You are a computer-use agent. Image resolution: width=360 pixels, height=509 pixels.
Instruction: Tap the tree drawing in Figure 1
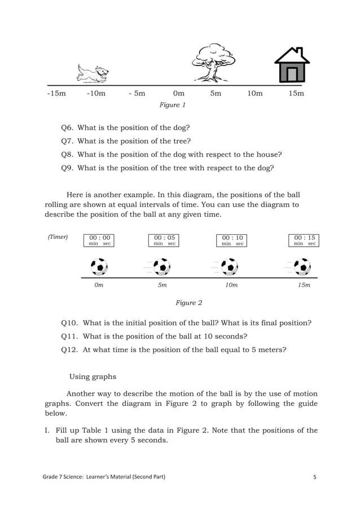pyautogui.click(x=213, y=63)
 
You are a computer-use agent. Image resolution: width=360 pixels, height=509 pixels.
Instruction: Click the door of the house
pyautogui.click(x=292, y=73)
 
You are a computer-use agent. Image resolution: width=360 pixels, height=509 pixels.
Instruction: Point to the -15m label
pyautogui.click(x=56, y=94)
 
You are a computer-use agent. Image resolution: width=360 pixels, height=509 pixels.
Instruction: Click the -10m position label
pyautogui.click(x=96, y=94)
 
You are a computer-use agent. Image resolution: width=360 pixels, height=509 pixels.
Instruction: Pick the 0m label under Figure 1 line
pyautogui.click(x=178, y=94)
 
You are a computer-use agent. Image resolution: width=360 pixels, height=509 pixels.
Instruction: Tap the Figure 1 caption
pyautogui.click(x=173, y=105)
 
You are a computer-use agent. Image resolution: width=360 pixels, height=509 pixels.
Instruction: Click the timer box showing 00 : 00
pyautogui.click(x=99, y=240)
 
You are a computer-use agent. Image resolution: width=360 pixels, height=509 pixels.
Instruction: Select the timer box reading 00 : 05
pyautogui.click(x=164, y=240)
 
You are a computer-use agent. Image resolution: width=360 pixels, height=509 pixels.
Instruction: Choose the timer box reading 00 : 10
pyautogui.click(x=232, y=240)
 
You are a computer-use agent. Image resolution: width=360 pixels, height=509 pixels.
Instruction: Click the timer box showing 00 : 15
pyautogui.click(x=304, y=240)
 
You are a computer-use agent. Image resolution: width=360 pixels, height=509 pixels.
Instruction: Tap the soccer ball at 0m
pyautogui.click(x=99, y=266)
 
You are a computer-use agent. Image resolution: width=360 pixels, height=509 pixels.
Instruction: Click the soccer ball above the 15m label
pyautogui.click(x=302, y=266)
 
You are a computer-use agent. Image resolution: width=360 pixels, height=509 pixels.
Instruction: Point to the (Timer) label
pyautogui.click(x=58, y=237)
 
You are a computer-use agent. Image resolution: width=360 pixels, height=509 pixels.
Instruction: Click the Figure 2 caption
pyautogui.click(x=188, y=303)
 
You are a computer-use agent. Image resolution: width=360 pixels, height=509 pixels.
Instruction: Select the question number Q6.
pyautogui.click(x=67, y=128)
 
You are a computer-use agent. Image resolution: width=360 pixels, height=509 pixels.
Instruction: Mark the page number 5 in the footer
pyautogui.click(x=315, y=477)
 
